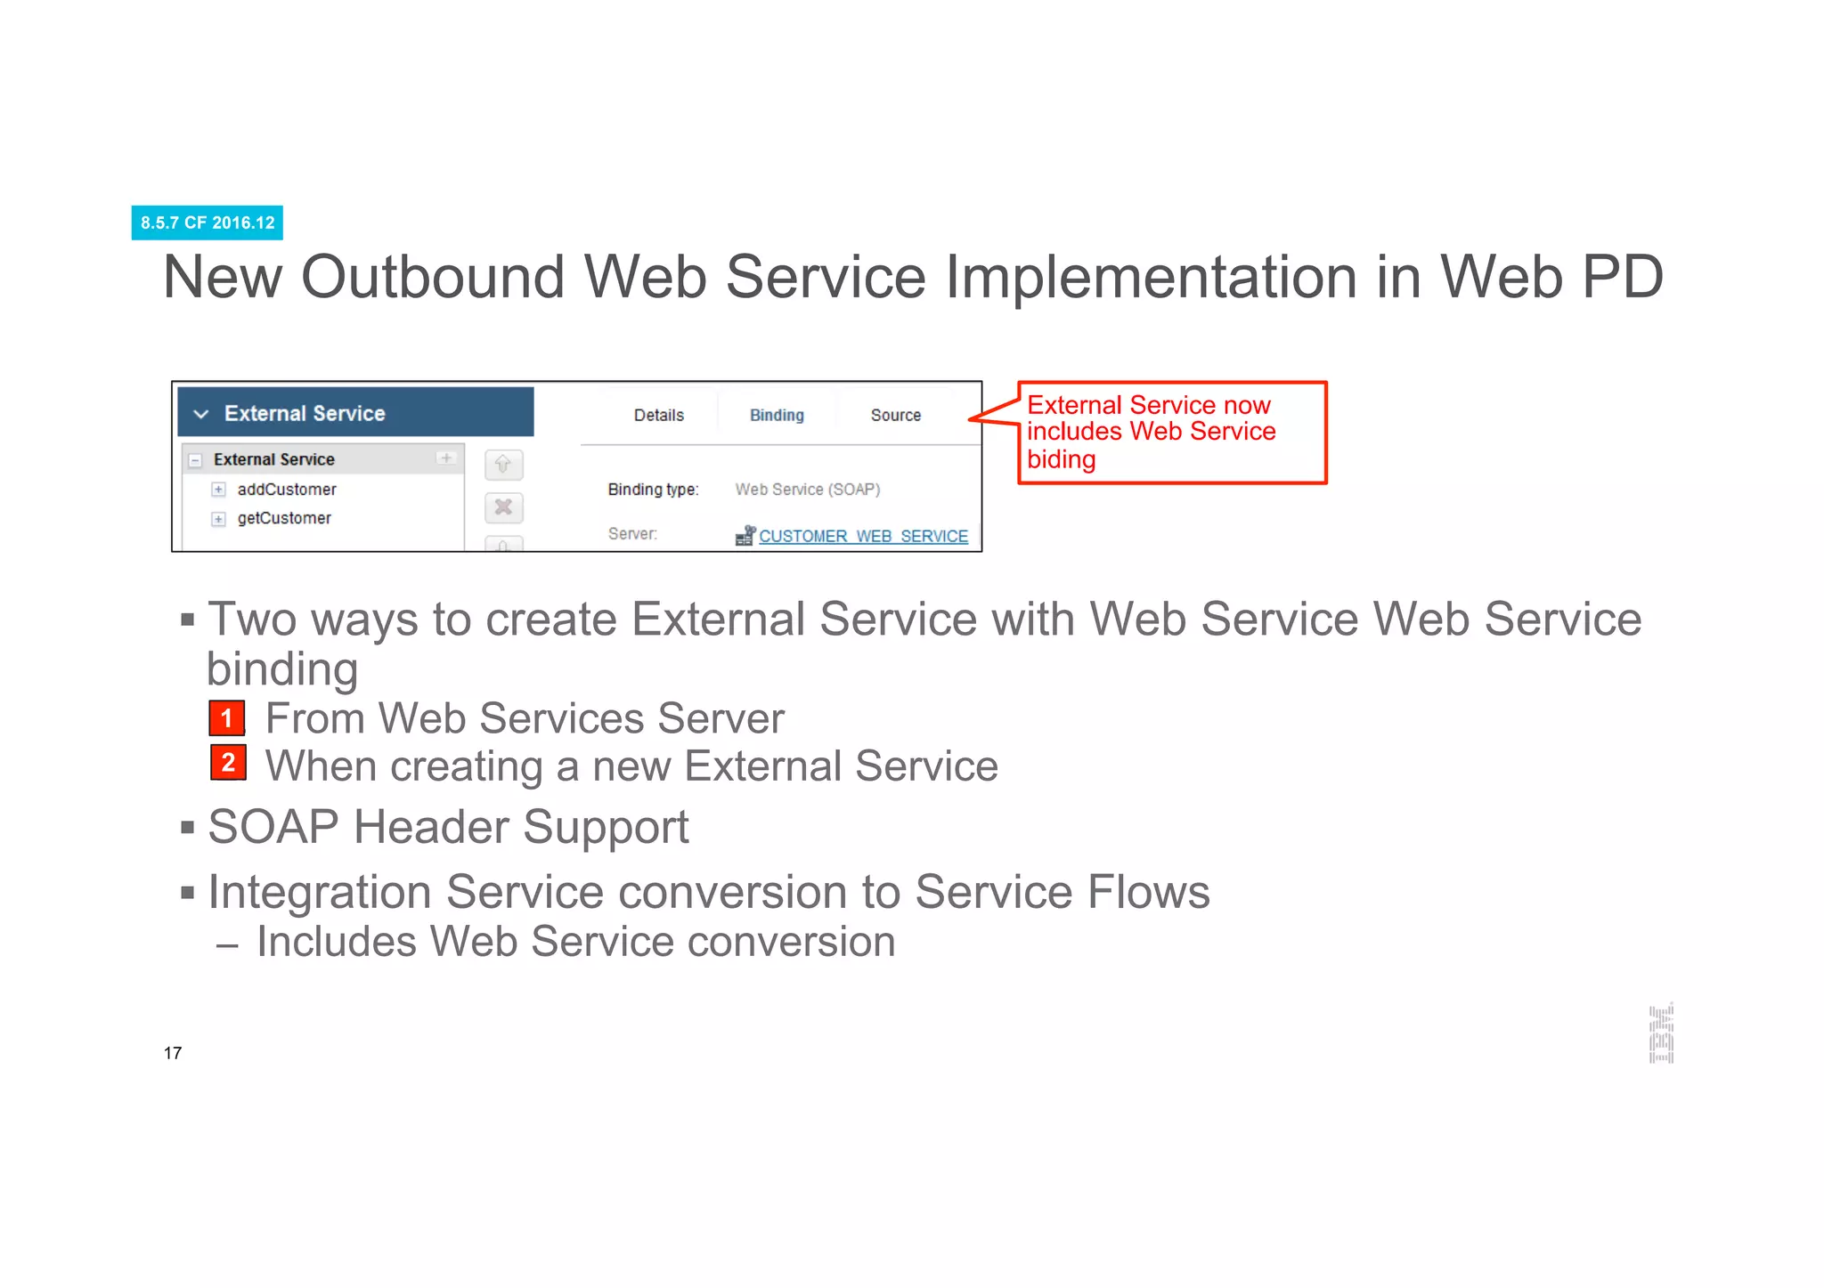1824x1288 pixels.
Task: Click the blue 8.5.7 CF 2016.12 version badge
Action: tap(208, 223)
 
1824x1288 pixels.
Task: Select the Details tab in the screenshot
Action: tap(658, 415)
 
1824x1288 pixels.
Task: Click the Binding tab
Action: tap(777, 415)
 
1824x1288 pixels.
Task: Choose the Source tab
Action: tap(895, 415)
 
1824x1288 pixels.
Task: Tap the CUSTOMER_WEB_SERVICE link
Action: tap(862, 536)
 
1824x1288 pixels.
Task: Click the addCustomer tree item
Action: tap(286, 490)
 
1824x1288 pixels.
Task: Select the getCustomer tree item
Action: tap(283, 518)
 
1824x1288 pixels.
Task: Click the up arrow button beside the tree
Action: tap(503, 465)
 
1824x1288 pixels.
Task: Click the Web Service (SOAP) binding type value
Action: tap(807, 490)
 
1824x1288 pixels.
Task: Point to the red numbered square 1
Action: tap(227, 718)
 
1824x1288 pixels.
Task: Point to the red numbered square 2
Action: tap(228, 763)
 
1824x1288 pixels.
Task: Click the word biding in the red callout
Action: tap(1061, 459)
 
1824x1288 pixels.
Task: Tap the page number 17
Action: tap(173, 1053)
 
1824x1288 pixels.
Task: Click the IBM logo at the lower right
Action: tap(1661, 1033)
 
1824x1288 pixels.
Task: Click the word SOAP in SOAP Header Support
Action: tap(273, 827)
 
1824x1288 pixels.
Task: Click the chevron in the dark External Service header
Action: tap(201, 414)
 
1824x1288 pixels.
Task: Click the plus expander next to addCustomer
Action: tap(218, 490)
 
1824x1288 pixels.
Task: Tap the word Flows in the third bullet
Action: tap(1148, 892)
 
